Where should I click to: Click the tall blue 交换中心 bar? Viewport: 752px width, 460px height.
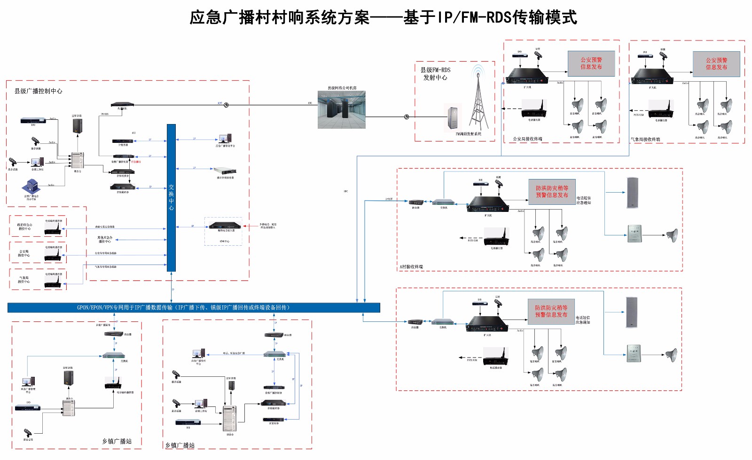click(x=171, y=197)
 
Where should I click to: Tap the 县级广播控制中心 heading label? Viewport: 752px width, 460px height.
click(x=38, y=91)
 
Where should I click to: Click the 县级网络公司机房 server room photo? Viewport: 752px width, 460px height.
click(x=342, y=110)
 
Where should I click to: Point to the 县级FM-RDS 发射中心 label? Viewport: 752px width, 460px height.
click(x=435, y=74)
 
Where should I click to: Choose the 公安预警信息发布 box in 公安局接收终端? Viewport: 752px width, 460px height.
click(x=591, y=63)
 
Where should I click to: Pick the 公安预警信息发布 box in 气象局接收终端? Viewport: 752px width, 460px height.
click(x=716, y=64)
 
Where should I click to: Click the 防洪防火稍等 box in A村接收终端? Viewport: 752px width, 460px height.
click(x=552, y=192)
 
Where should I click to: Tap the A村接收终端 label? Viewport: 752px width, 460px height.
click(x=411, y=267)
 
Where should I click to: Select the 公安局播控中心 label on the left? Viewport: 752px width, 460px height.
click(x=23, y=253)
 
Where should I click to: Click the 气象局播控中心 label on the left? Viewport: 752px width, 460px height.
click(x=23, y=280)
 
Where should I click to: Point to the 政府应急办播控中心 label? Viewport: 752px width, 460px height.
click(x=25, y=226)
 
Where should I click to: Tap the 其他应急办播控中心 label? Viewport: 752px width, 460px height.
click(x=105, y=240)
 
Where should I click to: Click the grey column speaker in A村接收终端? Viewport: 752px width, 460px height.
click(x=633, y=193)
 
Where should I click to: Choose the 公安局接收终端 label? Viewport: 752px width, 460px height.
click(x=527, y=139)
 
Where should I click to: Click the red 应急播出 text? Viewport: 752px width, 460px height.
click(x=135, y=162)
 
